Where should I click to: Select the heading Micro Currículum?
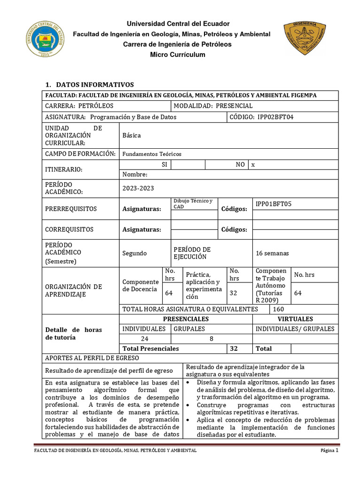tap(177, 55)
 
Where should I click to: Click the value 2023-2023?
tap(138, 188)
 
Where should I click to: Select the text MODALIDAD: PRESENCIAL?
tap(213, 106)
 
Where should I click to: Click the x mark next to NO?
tap(253, 165)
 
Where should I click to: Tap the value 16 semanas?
tap(272, 253)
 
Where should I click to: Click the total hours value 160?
tap(278, 309)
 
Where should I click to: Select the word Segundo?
tap(134, 253)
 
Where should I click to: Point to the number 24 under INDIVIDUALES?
tap(145, 339)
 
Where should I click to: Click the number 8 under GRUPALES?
tap(211, 339)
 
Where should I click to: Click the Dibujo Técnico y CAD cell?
tap(193, 203)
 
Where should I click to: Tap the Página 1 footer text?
tap(329, 450)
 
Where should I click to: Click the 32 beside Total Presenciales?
tap(233, 349)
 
